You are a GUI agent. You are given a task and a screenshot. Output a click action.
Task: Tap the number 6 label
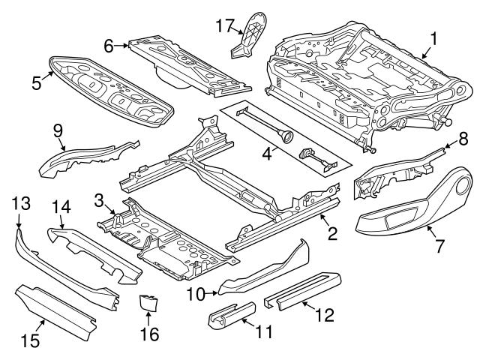[109, 46]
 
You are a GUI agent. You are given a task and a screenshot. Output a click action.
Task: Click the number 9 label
[58, 130]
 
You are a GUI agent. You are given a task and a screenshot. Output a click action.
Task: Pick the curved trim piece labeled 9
[90, 156]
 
